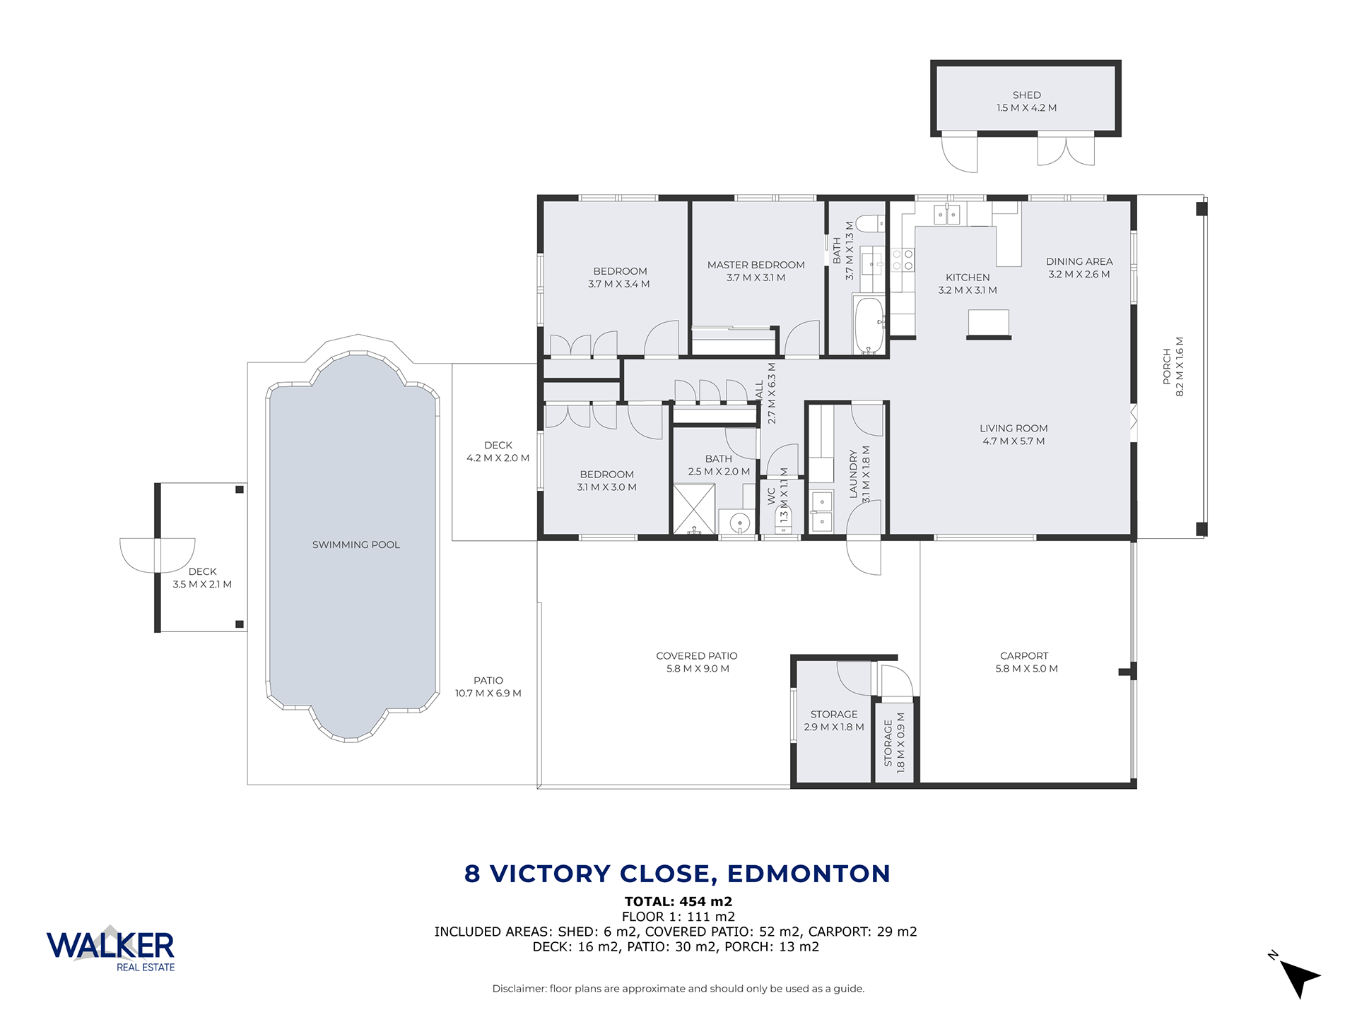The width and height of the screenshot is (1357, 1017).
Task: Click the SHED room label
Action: click(x=1026, y=95)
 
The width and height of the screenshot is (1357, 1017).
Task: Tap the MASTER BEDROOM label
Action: click(x=756, y=265)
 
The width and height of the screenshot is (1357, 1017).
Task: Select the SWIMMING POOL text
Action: click(x=356, y=545)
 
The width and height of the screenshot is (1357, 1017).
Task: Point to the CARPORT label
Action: click(x=1024, y=656)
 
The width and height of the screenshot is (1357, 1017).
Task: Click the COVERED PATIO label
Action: click(x=697, y=656)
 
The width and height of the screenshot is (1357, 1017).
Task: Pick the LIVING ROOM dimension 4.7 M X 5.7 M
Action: click(x=1014, y=441)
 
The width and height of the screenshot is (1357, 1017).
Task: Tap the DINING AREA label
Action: click(x=1079, y=261)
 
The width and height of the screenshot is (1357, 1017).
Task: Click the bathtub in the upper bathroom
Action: click(x=869, y=325)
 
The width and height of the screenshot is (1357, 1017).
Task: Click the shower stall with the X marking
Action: click(x=694, y=509)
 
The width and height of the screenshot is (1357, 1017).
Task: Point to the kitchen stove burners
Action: click(x=903, y=259)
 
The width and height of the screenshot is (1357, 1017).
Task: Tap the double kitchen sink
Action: click(x=947, y=213)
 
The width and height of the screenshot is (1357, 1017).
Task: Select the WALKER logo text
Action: click(x=110, y=946)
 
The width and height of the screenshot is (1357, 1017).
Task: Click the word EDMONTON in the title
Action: click(x=809, y=874)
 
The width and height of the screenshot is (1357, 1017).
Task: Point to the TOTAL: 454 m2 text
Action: click(x=678, y=901)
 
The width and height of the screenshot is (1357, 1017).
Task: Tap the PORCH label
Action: click(x=1167, y=367)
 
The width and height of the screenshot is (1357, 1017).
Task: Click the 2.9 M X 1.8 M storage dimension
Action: click(x=834, y=727)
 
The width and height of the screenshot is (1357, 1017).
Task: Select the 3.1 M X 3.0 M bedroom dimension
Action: click(x=606, y=487)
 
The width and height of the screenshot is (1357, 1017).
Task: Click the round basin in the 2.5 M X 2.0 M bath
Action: click(x=739, y=523)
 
